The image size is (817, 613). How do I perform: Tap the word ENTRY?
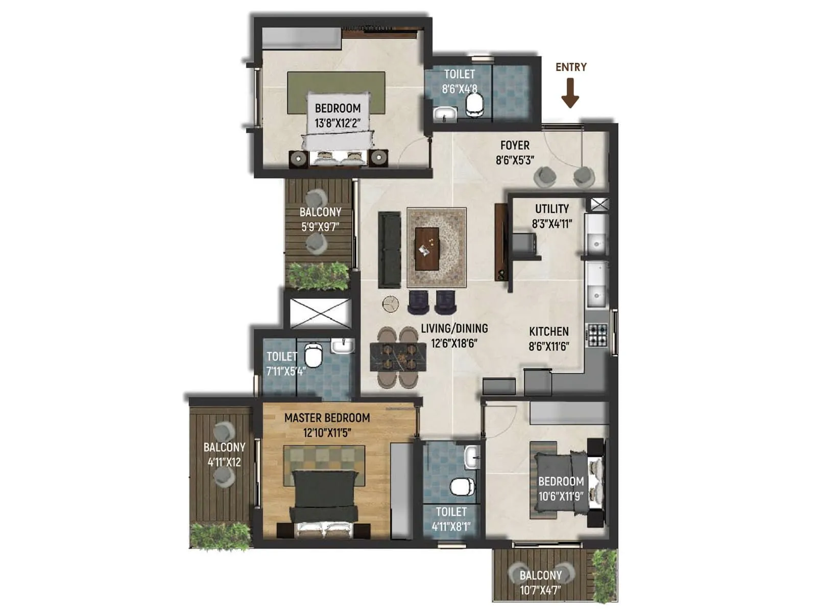click(571, 67)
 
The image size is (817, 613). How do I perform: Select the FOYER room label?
click(515, 146)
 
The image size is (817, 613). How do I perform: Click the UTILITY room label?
click(551, 209)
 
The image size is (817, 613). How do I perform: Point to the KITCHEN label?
click(548, 332)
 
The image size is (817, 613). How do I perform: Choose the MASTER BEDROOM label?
click(327, 418)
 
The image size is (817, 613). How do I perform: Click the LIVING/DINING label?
click(454, 328)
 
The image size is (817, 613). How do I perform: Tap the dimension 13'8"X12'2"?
click(338, 123)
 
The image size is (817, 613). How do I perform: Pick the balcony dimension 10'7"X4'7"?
click(540, 591)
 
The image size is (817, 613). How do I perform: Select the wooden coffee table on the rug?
click(427, 249)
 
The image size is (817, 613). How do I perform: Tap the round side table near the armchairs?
click(391, 304)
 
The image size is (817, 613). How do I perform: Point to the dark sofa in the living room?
click(389, 250)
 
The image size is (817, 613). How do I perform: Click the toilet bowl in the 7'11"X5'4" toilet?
click(313, 355)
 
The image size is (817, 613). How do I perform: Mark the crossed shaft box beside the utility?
click(599, 204)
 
